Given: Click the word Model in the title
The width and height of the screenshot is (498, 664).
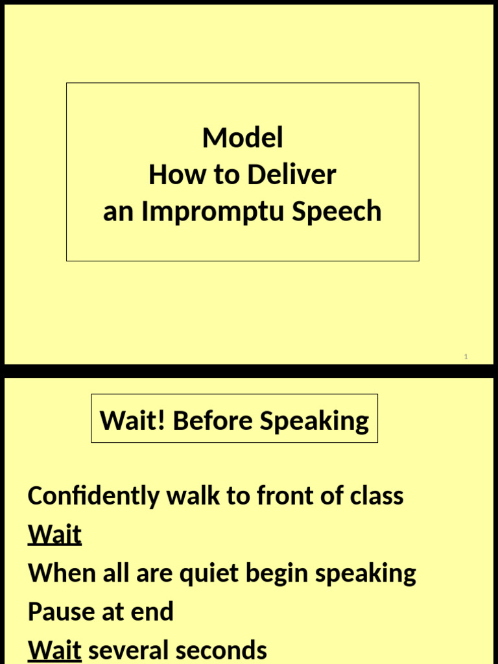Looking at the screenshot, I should [x=243, y=137].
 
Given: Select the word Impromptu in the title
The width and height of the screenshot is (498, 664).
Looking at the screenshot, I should [x=211, y=212].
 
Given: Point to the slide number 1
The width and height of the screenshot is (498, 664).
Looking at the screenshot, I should [x=466, y=357].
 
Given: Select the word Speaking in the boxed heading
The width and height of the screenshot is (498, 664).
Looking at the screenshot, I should [x=314, y=421].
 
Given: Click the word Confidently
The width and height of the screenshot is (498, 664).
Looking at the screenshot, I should [x=93, y=496].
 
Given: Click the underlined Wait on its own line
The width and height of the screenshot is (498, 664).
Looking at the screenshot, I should [x=54, y=535].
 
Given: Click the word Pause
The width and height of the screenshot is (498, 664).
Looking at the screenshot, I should [x=60, y=611].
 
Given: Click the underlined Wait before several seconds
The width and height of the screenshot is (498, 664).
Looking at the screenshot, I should [x=54, y=650].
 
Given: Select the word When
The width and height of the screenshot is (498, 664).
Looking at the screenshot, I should [x=59, y=573].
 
